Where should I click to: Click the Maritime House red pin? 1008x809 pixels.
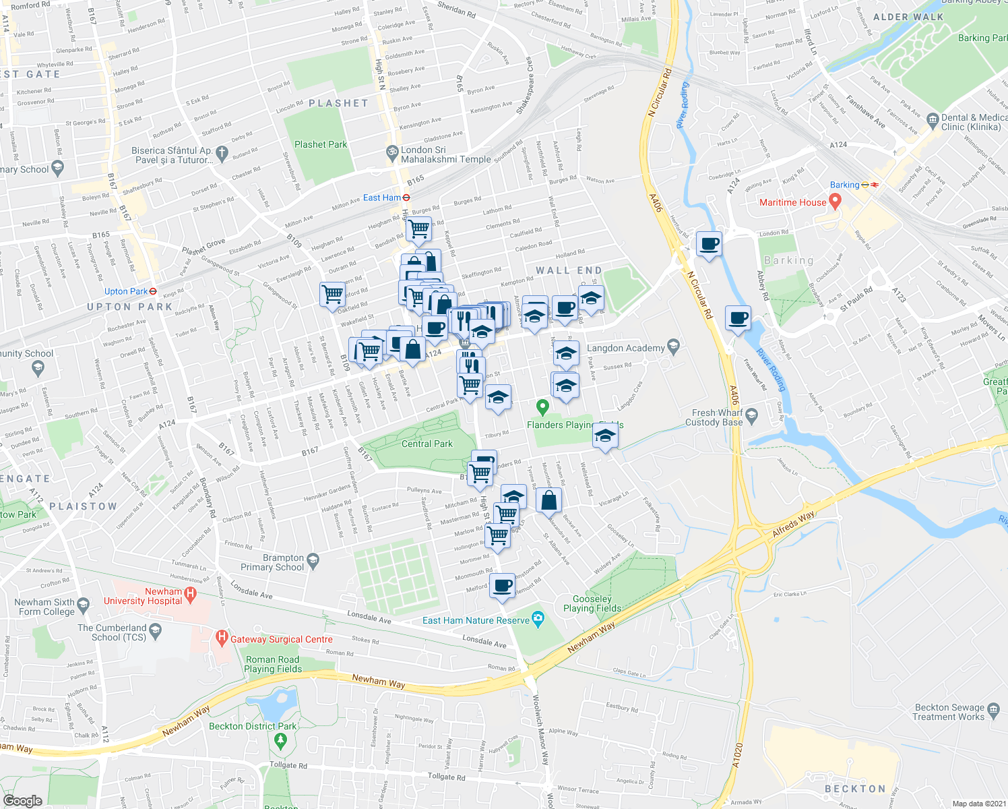pyautogui.click(x=836, y=201)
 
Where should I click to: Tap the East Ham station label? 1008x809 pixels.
pyautogui.click(x=382, y=198)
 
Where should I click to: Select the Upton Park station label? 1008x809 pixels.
pyautogui.click(x=125, y=291)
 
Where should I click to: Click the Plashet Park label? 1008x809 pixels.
pyautogui.click(x=321, y=144)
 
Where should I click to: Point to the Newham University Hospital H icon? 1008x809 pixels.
pyautogui.click(x=190, y=594)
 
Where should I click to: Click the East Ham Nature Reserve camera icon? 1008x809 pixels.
pyautogui.click(x=538, y=618)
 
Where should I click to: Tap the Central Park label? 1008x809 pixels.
pyautogui.click(x=427, y=444)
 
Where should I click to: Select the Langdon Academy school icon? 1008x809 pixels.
pyautogui.click(x=672, y=347)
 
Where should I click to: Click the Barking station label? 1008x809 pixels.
pyautogui.click(x=844, y=185)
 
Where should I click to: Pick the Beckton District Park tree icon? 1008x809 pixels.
pyautogui.click(x=281, y=741)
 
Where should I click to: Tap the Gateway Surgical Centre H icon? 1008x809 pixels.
pyautogui.click(x=221, y=637)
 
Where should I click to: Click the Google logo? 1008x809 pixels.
pyautogui.click(x=22, y=800)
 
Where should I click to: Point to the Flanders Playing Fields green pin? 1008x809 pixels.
pyautogui.click(x=542, y=407)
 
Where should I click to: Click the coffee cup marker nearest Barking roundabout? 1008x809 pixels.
pyautogui.click(x=708, y=244)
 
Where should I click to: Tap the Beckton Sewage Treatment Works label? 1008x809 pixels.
pyautogui.click(x=949, y=712)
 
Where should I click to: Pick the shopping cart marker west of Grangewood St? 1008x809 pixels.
pyautogui.click(x=332, y=294)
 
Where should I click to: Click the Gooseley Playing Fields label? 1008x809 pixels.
pyautogui.click(x=592, y=603)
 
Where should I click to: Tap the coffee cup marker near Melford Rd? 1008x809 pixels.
pyautogui.click(x=502, y=585)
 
